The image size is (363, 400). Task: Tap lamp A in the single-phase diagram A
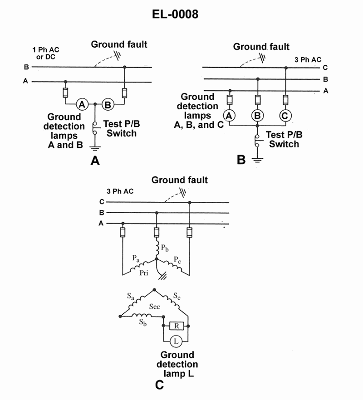pos(82,104)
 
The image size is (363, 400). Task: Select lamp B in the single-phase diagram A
pos(108,104)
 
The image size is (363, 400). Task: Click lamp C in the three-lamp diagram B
pos(285,116)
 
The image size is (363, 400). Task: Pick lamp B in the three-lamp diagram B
pos(258,116)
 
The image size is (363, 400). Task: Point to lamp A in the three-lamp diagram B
pos(230,116)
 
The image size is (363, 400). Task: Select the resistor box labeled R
pos(175,326)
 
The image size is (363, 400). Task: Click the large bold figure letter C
pos(159,385)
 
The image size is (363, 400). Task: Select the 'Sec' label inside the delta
pos(154,307)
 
